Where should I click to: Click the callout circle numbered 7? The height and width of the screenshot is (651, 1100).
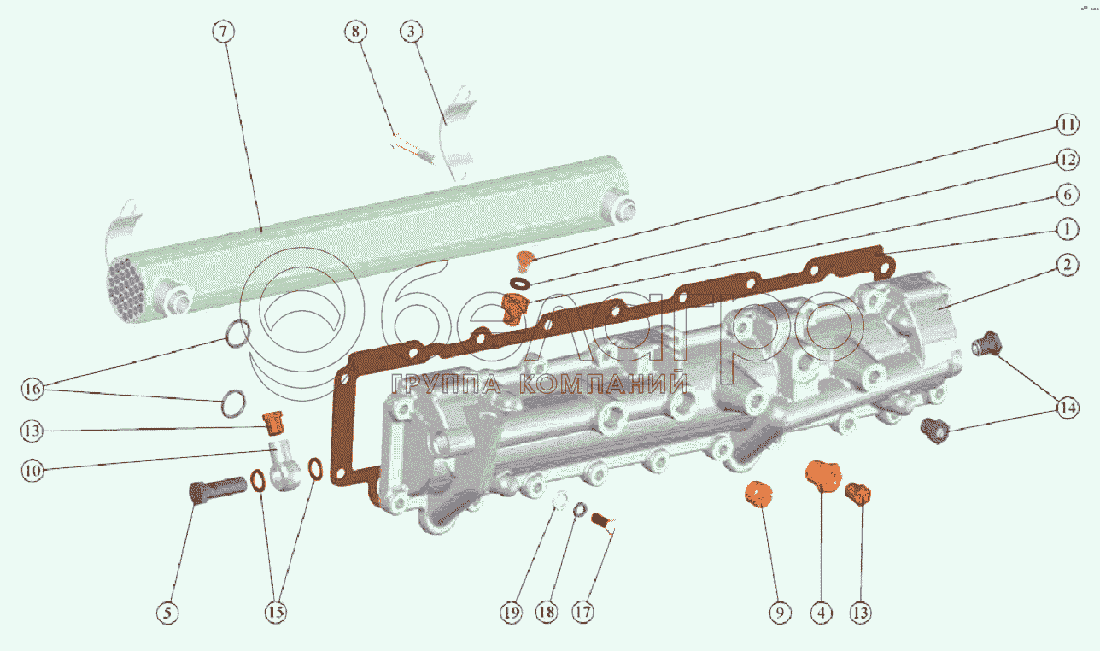tap(224, 32)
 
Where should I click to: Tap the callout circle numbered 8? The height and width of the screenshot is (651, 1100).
tap(355, 32)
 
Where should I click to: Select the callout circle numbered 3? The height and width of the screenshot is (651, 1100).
tap(411, 32)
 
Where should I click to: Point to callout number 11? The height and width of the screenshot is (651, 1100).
tap(1068, 124)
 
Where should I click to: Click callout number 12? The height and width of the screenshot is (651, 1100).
tap(1068, 160)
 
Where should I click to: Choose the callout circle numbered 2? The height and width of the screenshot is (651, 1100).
tap(1068, 266)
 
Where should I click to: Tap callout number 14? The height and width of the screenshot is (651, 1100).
tap(1068, 408)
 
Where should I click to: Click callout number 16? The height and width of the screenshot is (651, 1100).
tap(32, 389)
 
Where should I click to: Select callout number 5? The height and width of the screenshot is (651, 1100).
tap(167, 613)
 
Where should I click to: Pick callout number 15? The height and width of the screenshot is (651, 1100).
tap(276, 613)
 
